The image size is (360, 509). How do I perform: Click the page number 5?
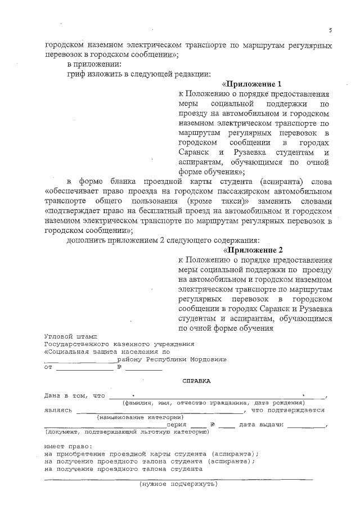[331, 30]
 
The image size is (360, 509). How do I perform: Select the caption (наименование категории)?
[141, 417]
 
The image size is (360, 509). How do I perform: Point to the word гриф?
[76, 74]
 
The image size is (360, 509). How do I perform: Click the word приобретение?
[88, 453]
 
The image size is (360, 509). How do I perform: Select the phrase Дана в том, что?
[75, 395]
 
